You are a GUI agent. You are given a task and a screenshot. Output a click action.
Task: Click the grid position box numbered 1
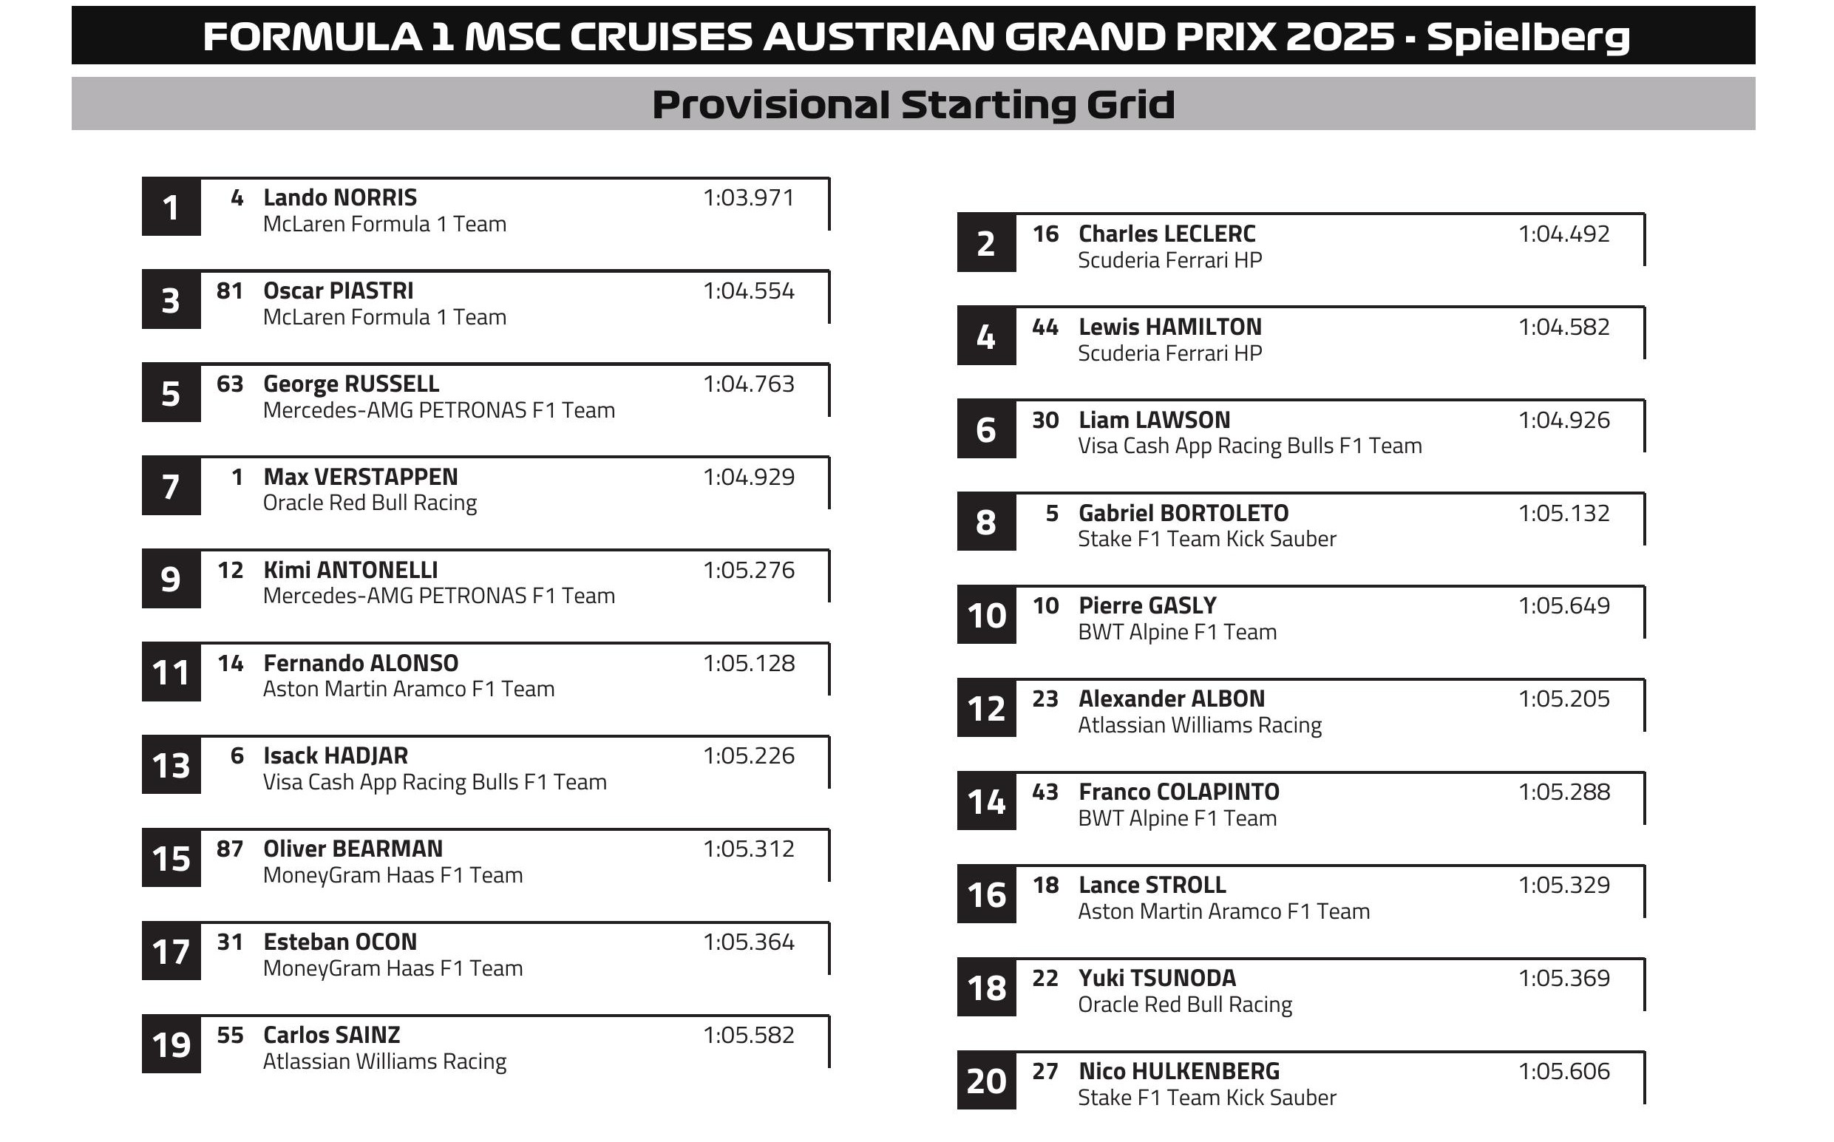click(x=171, y=207)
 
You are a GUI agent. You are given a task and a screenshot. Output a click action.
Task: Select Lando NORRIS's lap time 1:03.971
click(x=748, y=198)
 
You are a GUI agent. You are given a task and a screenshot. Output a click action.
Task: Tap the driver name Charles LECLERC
click(x=1166, y=234)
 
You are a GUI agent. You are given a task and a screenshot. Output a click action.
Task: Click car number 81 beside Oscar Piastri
click(x=230, y=290)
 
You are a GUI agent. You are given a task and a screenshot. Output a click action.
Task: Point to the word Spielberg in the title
click(x=1527, y=37)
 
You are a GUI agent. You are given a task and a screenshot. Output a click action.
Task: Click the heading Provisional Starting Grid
click(x=912, y=104)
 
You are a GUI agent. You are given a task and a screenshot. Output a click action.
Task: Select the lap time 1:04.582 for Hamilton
click(x=1563, y=327)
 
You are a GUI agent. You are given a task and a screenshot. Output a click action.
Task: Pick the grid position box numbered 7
click(x=171, y=486)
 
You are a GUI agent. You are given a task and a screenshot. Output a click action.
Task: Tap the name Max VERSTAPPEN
click(x=360, y=477)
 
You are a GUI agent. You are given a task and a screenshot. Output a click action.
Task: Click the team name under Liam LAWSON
click(x=1249, y=446)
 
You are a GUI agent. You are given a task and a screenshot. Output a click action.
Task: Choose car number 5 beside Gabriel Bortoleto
click(x=1051, y=514)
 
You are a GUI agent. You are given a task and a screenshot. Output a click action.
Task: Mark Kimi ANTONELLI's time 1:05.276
click(x=748, y=570)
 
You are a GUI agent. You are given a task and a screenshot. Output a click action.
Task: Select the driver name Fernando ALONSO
click(x=360, y=663)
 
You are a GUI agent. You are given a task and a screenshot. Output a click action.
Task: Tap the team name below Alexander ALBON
click(x=1200, y=725)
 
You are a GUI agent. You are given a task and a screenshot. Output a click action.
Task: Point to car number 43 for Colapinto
click(x=1045, y=792)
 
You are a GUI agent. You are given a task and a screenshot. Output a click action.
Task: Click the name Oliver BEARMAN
click(x=353, y=849)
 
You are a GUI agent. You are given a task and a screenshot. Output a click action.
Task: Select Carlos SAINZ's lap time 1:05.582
click(x=748, y=1036)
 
